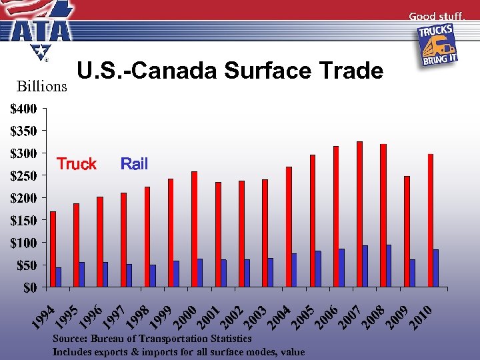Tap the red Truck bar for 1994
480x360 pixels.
point(53,249)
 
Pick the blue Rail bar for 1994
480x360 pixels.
point(59,277)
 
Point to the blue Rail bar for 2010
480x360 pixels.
point(436,269)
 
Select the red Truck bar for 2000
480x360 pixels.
point(194,229)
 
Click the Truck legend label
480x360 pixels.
point(77,164)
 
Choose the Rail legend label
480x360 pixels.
point(134,164)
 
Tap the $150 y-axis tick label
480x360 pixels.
point(23,220)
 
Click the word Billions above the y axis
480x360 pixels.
point(41,87)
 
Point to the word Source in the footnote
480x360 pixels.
point(70,339)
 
